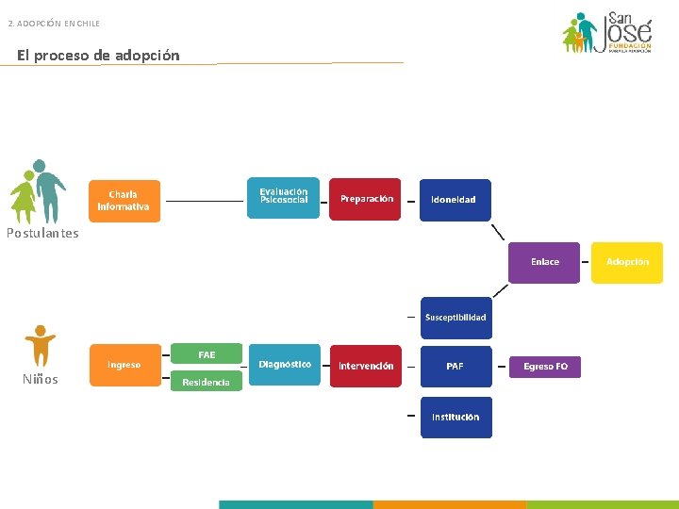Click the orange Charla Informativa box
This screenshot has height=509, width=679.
point(124,201)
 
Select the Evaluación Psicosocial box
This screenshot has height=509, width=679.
point(283,198)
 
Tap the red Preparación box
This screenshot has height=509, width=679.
point(365,199)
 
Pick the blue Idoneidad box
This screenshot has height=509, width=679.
point(455,200)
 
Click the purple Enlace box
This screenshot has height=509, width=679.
point(544,262)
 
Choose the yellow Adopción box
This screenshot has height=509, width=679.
point(627,262)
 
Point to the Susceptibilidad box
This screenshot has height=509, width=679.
point(455,318)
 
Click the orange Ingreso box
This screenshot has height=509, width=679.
point(124,366)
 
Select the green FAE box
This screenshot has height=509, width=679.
point(207,354)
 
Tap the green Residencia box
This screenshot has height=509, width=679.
point(207,382)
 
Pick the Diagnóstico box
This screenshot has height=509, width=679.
point(284,365)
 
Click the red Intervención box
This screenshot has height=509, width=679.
point(366,366)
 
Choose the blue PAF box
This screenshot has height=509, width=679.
point(455,367)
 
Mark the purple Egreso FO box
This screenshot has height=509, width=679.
point(545,367)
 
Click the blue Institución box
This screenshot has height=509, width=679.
point(455,417)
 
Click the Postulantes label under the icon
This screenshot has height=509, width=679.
point(42,234)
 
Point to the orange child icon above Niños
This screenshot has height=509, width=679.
point(40,345)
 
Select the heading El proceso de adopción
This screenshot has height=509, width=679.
point(98,56)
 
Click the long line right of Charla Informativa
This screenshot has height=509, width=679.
point(205,201)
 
